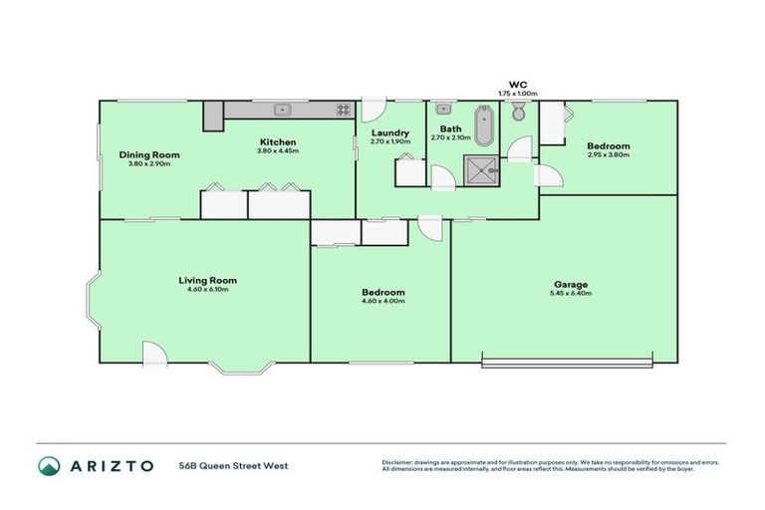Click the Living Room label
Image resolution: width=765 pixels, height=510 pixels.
click(x=208, y=280)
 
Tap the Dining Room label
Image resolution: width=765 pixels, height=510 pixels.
click(x=149, y=154)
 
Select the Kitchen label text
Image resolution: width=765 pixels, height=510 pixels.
click(x=277, y=142)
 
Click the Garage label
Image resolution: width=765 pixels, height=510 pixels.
click(x=570, y=284)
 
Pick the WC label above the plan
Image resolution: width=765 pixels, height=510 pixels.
click(x=517, y=85)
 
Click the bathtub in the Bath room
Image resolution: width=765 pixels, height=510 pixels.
click(x=484, y=127)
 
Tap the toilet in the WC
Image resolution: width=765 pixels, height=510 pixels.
click(x=518, y=116)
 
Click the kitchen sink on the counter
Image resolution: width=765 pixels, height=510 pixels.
click(x=283, y=109)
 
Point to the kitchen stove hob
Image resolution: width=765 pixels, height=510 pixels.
click(x=343, y=110)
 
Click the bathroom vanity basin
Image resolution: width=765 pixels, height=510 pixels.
click(x=443, y=109)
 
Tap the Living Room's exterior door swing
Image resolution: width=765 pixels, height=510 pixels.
click(x=154, y=353)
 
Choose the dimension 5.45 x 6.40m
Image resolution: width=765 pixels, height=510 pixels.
click(x=570, y=294)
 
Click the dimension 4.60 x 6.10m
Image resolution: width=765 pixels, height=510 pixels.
click(x=208, y=290)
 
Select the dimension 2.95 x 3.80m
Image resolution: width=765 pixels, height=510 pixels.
click(x=608, y=154)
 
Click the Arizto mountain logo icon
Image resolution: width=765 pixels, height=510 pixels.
click(x=49, y=465)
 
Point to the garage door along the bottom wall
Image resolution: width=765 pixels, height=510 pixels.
click(x=568, y=358)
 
